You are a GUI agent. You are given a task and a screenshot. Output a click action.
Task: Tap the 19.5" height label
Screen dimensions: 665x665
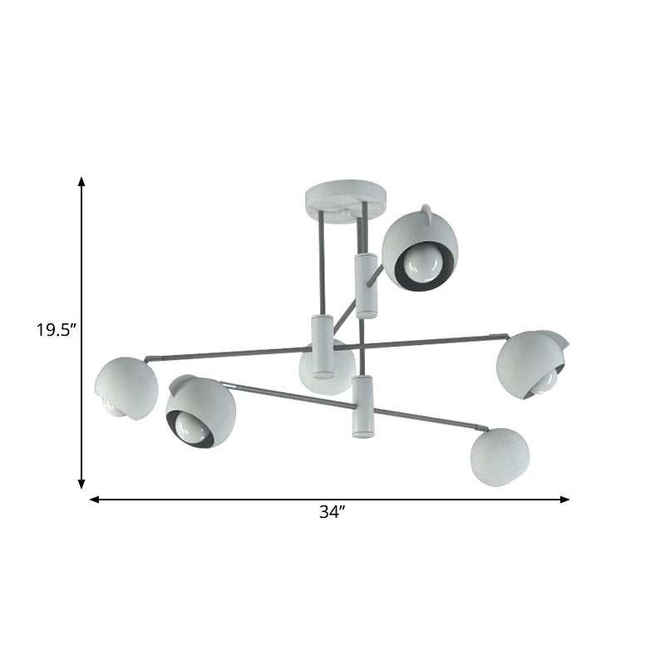pyautogui.click(x=56, y=330)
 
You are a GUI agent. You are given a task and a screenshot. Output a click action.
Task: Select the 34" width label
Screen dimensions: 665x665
pyautogui.click(x=332, y=513)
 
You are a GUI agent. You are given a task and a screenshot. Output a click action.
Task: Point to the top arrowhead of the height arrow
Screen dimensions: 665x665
pyautogui.click(x=81, y=181)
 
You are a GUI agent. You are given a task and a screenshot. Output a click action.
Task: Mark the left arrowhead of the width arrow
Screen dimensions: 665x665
pyautogui.click(x=94, y=500)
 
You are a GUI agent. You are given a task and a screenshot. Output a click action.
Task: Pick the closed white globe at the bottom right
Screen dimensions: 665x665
pyautogui.click(x=500, y=456)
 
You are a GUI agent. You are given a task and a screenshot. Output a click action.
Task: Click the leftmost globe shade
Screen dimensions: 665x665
pyautogui.click(x=126, y=387)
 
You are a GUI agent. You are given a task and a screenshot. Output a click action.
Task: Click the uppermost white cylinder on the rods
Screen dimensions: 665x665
pyautogui.click(x=366, y=285)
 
